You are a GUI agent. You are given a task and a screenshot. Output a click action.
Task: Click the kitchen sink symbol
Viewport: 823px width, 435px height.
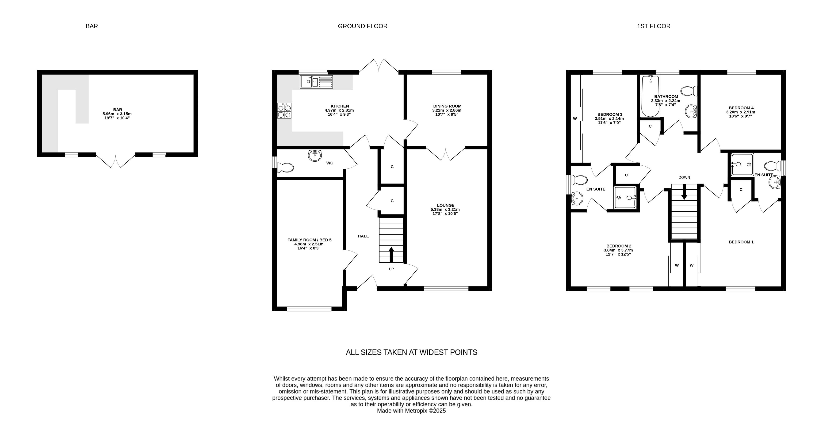pyautogui.click(x=316, y=82)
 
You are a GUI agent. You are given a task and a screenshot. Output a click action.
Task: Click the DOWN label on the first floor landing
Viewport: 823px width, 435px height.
pyautogui.click(x=684, y=178)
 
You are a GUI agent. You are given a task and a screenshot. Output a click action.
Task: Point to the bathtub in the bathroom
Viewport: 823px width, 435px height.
pyautogui.click(x=650, y=96)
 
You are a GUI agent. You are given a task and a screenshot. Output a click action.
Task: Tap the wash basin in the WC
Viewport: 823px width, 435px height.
pyautogui.click(x=315, y=156)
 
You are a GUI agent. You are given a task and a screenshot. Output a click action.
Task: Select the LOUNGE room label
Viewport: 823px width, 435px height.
pyautogui.click(x=445, y=205)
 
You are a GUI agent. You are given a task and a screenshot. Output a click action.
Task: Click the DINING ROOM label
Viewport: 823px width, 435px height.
pyautogui.click(x=447, y=106)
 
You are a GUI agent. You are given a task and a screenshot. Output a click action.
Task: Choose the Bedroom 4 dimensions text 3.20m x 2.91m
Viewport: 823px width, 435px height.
pyautogui.click(x=741, y=112)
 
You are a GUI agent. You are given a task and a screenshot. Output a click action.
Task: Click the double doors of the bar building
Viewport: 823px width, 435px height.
pyautogui.click(x=116, y=161)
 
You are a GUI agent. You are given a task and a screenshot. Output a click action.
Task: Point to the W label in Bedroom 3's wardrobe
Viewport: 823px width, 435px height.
pyautogui.click(x=575, y=119)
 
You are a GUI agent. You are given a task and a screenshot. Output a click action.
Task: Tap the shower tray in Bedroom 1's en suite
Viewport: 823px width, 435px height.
pyautogui.click(x=742, y=164)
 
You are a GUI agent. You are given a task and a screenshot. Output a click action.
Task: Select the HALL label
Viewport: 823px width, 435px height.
pyautogui.click(x=363, y=236)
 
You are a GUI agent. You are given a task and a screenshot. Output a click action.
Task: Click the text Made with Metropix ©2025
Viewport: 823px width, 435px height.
pyautogui.click(x=412, y=411)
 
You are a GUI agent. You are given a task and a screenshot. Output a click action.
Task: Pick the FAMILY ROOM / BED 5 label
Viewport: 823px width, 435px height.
pyautogui.click(x=309, y=240)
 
